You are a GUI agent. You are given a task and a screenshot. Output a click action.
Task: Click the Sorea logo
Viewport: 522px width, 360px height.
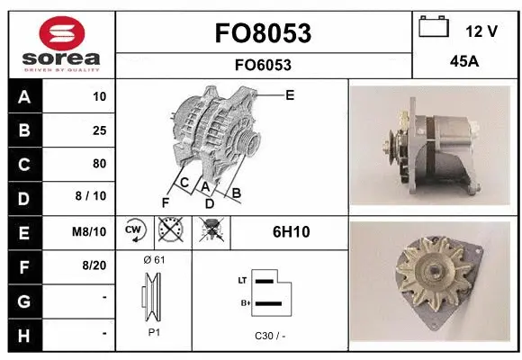(62, 42)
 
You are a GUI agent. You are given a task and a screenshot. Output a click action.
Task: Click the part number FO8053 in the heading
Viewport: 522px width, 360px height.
(264, 33)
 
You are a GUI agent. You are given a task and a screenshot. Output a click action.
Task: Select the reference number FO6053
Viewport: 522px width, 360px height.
(264, 65)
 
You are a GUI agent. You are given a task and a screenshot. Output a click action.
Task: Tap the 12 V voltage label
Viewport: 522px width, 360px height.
(481, 31)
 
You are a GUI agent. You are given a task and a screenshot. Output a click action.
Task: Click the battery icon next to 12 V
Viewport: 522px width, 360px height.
(434, 28)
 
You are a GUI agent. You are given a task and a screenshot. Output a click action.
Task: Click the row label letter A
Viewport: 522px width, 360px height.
(23, 97)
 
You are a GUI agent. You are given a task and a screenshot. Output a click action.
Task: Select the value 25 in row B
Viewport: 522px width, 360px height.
(99, 130)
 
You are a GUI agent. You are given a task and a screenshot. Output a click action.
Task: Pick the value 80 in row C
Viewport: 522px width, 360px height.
(99, 164)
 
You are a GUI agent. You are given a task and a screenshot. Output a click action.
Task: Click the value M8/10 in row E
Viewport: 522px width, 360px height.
(91, 231)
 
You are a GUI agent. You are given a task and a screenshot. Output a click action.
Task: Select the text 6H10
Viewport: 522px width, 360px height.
(291, 231)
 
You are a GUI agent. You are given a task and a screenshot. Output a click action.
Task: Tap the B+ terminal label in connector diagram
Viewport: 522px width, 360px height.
(242, 304)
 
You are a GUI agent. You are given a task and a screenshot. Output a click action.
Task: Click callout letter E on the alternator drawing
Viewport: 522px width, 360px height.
(290, 94)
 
